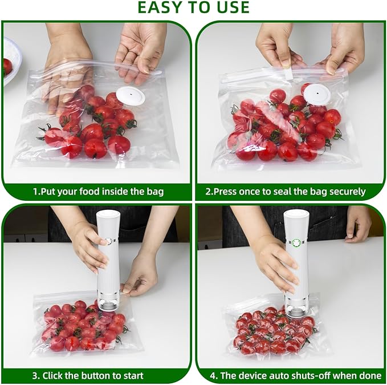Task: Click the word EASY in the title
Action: pos(160,7)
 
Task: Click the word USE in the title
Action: pos(230,7)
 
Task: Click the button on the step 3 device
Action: pos(107,242)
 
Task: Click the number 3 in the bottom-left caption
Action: pos(35,376)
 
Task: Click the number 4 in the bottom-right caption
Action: pos(213,376)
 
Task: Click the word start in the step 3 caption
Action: pos(131,376)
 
